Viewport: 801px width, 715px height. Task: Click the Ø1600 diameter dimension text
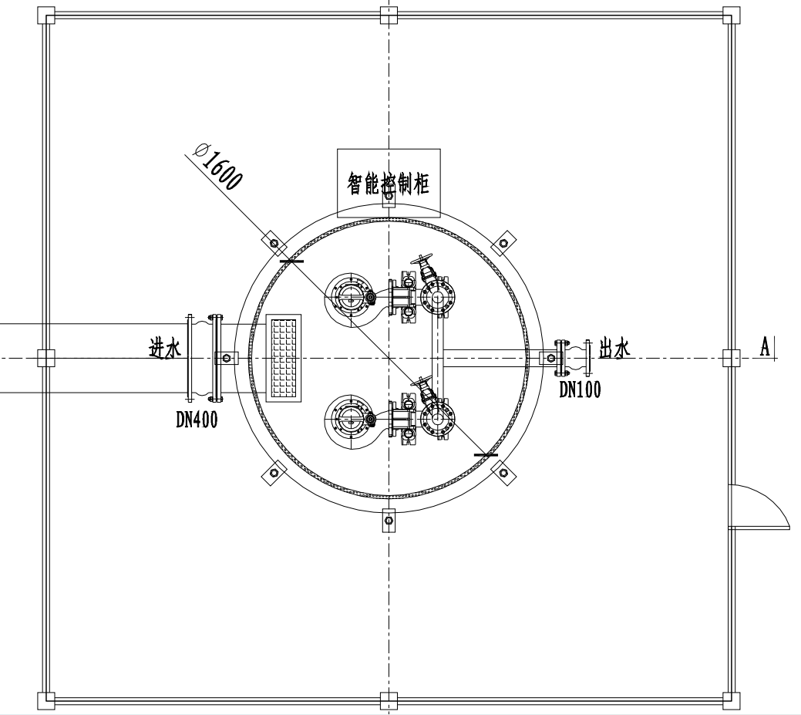[217, 166]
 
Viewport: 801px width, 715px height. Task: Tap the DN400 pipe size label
[197, 420]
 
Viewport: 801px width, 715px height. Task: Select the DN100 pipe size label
[580, 390]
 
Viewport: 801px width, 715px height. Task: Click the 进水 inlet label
[165, 349]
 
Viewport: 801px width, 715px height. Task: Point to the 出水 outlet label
[614, 349]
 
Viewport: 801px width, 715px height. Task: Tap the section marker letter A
[765, 347]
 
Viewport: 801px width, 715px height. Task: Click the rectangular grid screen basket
[284, 358]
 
